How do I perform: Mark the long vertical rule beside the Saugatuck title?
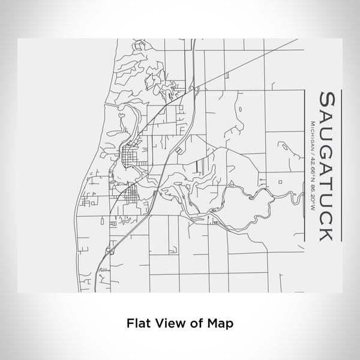[x=340, y=166]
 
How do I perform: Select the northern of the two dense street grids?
[x=129, y=159]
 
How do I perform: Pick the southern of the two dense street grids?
[x=128, y=195]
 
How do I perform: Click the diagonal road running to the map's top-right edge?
[x=252, y=63]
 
